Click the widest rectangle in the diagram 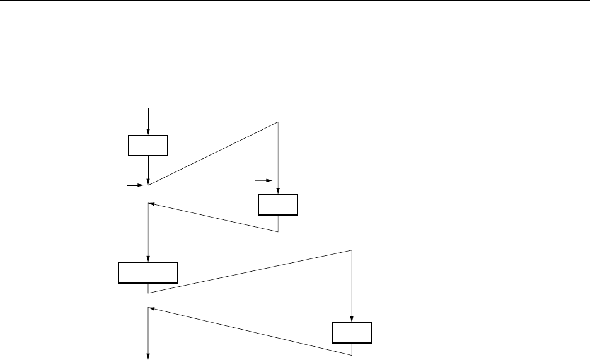pos(148,272)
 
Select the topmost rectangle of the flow pos(148,145)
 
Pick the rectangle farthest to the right pos(352,332)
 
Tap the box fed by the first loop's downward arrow pos(278,206)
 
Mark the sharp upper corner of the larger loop pos(352,250)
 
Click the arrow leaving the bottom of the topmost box pos(148,169)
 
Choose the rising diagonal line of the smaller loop pos(213,153)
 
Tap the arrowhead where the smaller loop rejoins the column pos(151,204)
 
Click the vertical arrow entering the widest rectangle pos(148,233)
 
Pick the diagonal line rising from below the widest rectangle pos(250,272)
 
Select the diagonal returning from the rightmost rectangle pos(250,326)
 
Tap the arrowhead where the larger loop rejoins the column pos(151,308)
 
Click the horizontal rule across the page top pos(295,1)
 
